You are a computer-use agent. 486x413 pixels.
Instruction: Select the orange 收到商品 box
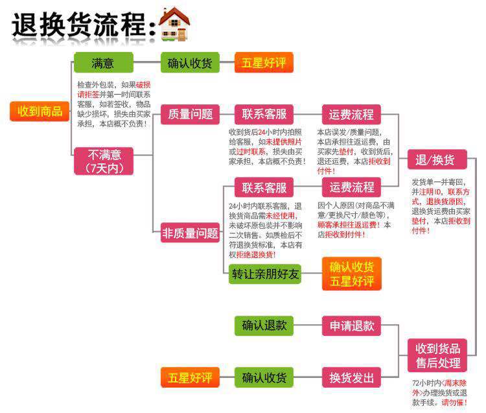coord(40,111)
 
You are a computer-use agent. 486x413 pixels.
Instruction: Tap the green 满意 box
coord(103,63)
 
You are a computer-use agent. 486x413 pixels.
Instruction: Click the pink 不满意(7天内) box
coord(103,161)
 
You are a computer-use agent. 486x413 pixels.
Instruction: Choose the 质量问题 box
coord(190,115)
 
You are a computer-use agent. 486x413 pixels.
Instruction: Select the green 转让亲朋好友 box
coord(266,274)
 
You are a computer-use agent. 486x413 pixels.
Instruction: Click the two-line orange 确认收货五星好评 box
coord(352,273)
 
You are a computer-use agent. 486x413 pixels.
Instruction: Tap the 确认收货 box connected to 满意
coord(190,63)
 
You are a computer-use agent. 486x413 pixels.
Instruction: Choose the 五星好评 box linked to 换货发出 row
coord(190,377)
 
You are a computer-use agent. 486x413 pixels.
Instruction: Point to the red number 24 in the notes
coord(262,132)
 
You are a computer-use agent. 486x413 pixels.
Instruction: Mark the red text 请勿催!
coord(454,403)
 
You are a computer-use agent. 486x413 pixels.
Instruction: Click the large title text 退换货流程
coord(81,26)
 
